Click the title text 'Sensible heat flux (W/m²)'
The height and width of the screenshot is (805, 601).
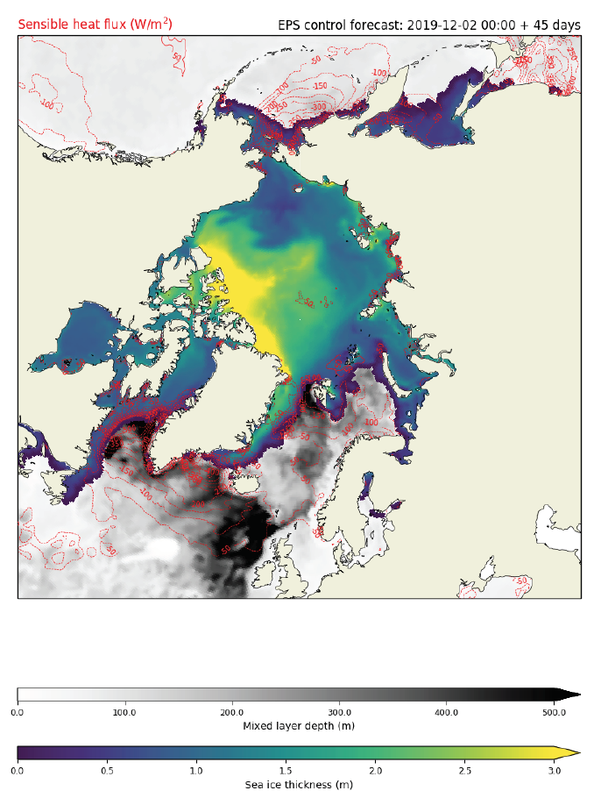95,25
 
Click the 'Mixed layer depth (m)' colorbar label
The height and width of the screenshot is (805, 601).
299,726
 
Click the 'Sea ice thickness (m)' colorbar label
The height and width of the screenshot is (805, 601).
299,784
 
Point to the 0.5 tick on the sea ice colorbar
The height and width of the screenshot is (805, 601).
107,770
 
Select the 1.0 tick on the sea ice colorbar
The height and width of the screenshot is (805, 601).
196,770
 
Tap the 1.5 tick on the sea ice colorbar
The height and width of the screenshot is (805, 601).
286,770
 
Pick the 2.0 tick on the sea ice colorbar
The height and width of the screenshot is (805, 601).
375,770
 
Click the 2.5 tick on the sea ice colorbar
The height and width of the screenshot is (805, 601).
464,770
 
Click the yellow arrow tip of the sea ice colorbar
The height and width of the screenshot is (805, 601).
574,752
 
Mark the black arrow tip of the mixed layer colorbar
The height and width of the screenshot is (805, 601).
574,695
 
